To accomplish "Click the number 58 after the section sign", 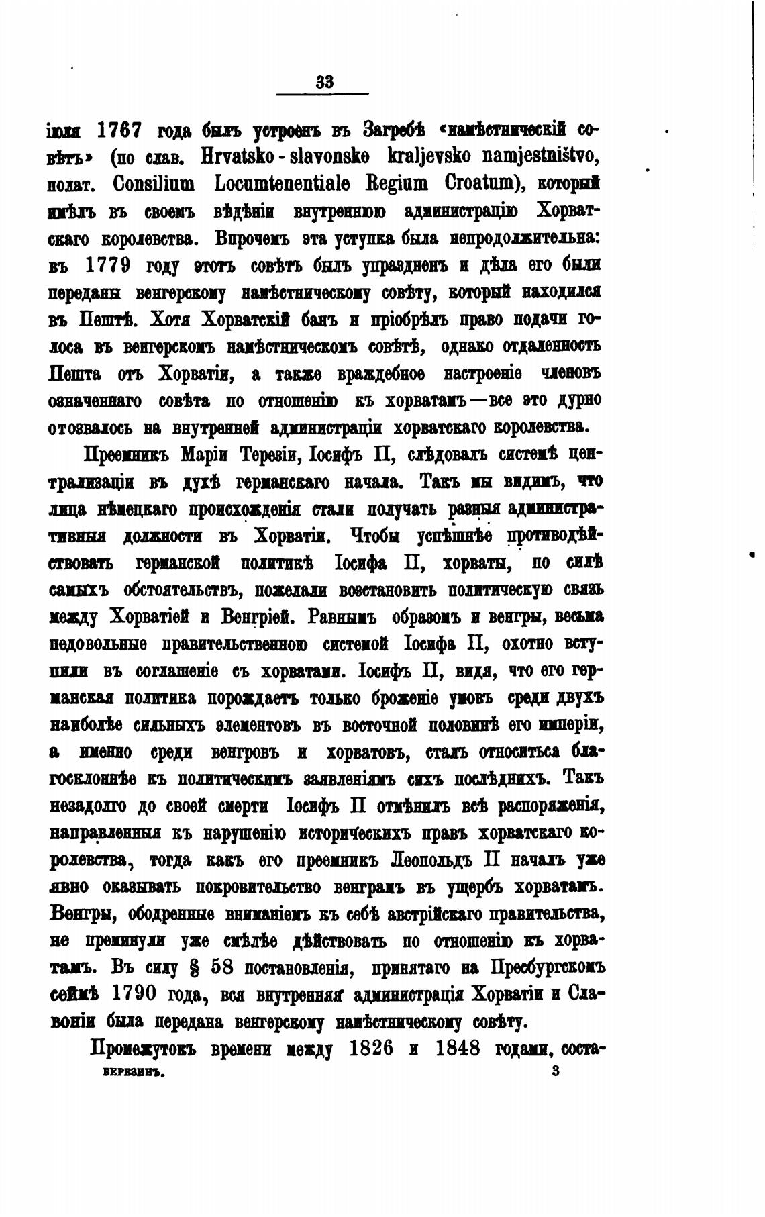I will click(224, 969).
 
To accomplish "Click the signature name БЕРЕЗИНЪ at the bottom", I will click(133, 1072).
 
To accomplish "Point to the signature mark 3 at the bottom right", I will click(555, 1072).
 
